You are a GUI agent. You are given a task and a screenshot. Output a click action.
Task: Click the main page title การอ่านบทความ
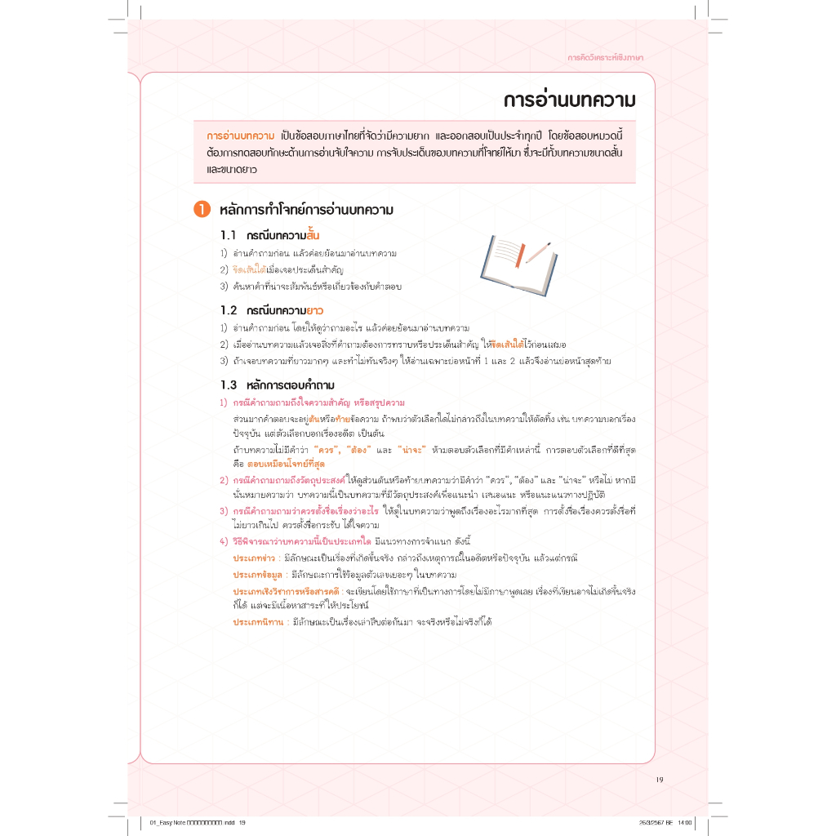tap(568, 100)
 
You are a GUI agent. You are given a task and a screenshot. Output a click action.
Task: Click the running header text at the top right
tap(605, 57)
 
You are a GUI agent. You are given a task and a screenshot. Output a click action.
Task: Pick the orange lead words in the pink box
tap(240, 135)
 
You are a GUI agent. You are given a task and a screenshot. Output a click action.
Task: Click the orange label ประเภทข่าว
tap(254, 558)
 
